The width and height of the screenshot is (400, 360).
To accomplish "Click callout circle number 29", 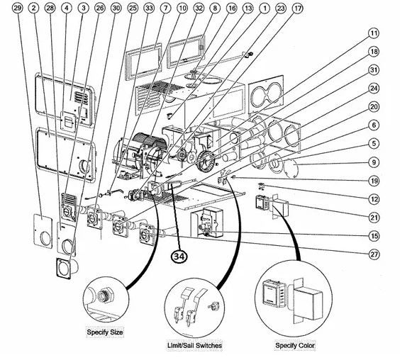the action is coord(17,9).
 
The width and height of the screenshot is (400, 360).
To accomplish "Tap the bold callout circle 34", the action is coord(179,257).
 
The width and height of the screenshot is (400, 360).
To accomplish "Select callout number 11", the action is coord(374,33).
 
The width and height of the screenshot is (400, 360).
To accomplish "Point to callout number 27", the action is coord(374,254).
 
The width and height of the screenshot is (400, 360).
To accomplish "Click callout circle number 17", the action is coord(297,9).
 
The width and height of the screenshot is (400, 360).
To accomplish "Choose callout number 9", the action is coord(374,162).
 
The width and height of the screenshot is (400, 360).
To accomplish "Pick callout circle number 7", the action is coord(165,9).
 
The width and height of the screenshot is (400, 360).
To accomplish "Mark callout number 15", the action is coord(374,236).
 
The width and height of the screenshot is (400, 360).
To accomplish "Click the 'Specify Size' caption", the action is coord(105,332).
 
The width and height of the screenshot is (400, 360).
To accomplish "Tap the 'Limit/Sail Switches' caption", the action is coord(194,345).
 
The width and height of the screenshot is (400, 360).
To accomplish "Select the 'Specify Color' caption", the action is coord(295,345).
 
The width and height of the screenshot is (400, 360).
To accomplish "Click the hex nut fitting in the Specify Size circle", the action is coord(104,296).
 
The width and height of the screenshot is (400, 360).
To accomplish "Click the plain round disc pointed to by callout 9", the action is coord(291,167).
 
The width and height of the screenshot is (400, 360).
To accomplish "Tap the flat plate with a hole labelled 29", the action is coord(43,231).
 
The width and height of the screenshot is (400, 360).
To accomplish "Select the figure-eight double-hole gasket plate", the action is coord(266,94).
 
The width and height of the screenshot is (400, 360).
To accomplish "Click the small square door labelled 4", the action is coord(68,122).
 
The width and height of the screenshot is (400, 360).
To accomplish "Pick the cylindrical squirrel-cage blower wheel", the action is coord(149,141).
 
